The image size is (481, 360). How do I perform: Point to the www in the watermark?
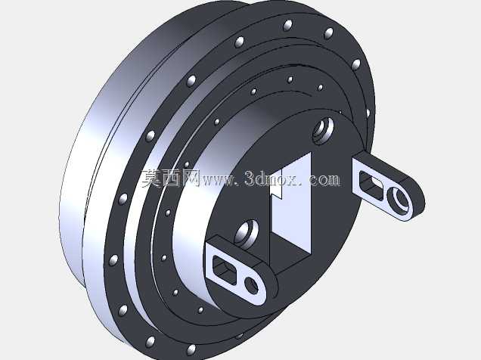coord(217,180)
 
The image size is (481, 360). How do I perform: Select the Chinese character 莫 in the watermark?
coord(151,178)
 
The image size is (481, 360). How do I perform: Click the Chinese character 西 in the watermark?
coord(171,178)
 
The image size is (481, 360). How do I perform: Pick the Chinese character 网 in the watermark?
coord(191,178)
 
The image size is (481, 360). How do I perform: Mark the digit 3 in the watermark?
coord(250,178)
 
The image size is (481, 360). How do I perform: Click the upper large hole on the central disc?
coord(323,130)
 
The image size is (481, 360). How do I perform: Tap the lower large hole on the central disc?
coord(247,234)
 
